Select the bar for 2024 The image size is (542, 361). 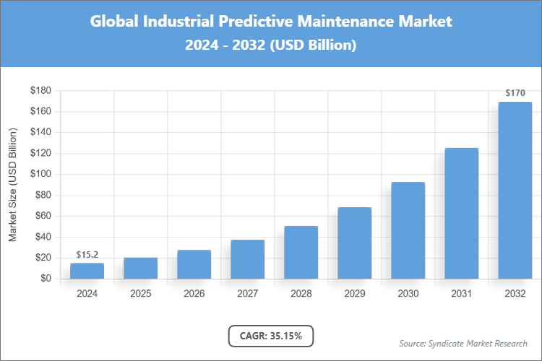pyautogui.click(x=87, y=271)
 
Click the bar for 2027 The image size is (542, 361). pyautogui.click(x=247, y=259)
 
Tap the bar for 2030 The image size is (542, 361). pyautogui.click(x=408, y=230)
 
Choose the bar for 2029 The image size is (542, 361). pyautogui.click(x=354, y=243)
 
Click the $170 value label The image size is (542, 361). pyautogui.click(x=515, y=93)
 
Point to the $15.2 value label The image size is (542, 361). pyautogui.click(x=87, y=255)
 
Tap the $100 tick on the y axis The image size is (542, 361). pyautogui.click(x=40, y=174)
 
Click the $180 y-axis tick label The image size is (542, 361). pyautogui.click(x=40, y=90)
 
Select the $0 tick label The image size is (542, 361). pyautogui.click(x=46, y=279)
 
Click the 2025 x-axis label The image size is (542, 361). pyautogui.click(x=140, y=294)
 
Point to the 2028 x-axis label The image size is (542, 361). pyautogui.click(x=301, y=294)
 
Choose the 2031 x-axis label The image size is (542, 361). pyautogui.click(x=461, y=294)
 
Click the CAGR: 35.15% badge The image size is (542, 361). pyautogui.click(x=271, y=336)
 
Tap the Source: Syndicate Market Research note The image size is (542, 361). pyautogui.click(x=463, y=343)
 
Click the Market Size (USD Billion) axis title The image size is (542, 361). pyautogui.click(x=12, y=184)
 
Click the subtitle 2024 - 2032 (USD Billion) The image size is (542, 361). pyautogui.click(x=271, y=45)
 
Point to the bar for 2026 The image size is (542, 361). pyautogui.click(x=194, y=264)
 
